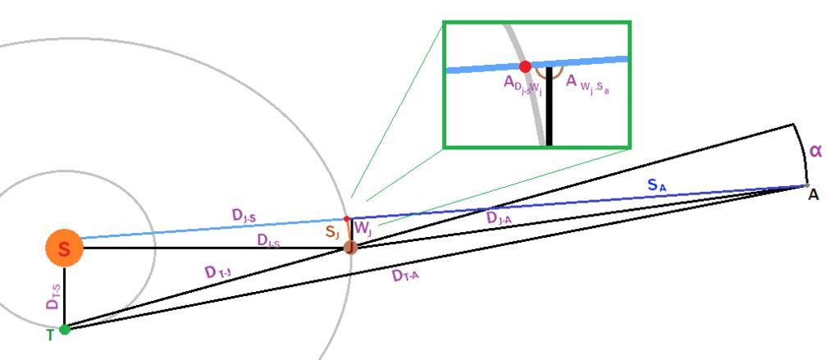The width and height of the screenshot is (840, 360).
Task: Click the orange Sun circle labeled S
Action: click(x=65, y=248)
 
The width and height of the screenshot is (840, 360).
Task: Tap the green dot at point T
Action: click(x=65, y=330)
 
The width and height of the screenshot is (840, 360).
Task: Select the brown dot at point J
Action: click(x=350, y=247)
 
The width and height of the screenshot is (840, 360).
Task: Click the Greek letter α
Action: click(x=815, y=151)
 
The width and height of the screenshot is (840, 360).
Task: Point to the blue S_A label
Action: click(x=657, y=186)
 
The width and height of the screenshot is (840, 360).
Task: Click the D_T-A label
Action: click(x=406, y=277)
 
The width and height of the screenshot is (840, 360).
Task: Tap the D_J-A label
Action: click(x=501, y=218)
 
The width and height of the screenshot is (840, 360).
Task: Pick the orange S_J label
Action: click(x=332, y=233)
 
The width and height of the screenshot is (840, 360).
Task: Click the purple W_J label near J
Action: click(x=363, y=233)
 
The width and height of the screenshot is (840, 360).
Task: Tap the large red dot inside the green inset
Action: click(x=526, y=66)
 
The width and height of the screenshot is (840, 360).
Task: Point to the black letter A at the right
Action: click(x=813, y=195)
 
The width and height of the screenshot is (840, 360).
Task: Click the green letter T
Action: click(x=50, y=335)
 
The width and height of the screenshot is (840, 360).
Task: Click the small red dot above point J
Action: click(x=346, y=219)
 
